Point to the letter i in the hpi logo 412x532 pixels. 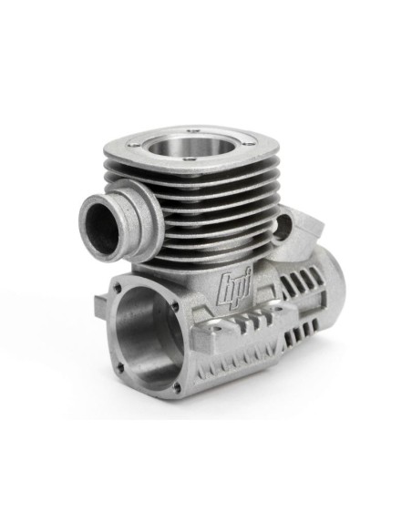point(248,283)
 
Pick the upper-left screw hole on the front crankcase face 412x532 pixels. point(118,288)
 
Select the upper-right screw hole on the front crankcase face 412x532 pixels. point(175,306)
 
